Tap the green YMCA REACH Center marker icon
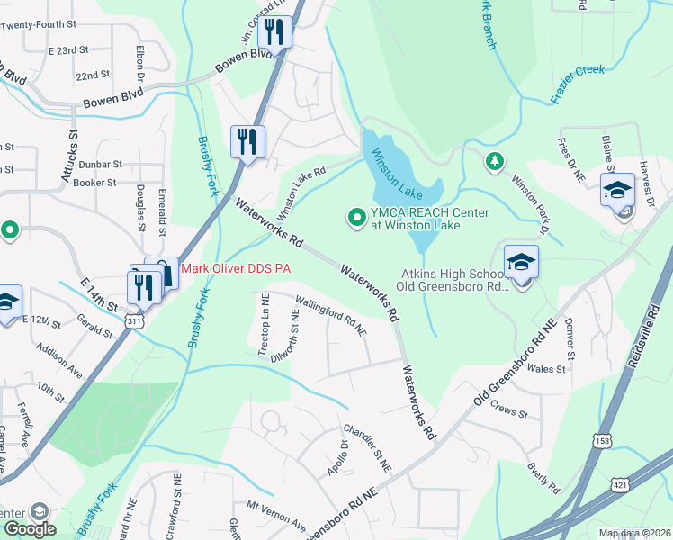(x=356, y=217)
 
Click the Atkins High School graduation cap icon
(x=521, y=262)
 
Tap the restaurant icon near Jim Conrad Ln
(x=274, y=33)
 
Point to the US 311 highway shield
(x=134, y=319)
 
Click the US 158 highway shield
(x=602, y=438)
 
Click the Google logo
(x=29, y=529)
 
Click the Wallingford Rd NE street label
(x=331, y=319)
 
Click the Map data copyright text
(x=635, y=534)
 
